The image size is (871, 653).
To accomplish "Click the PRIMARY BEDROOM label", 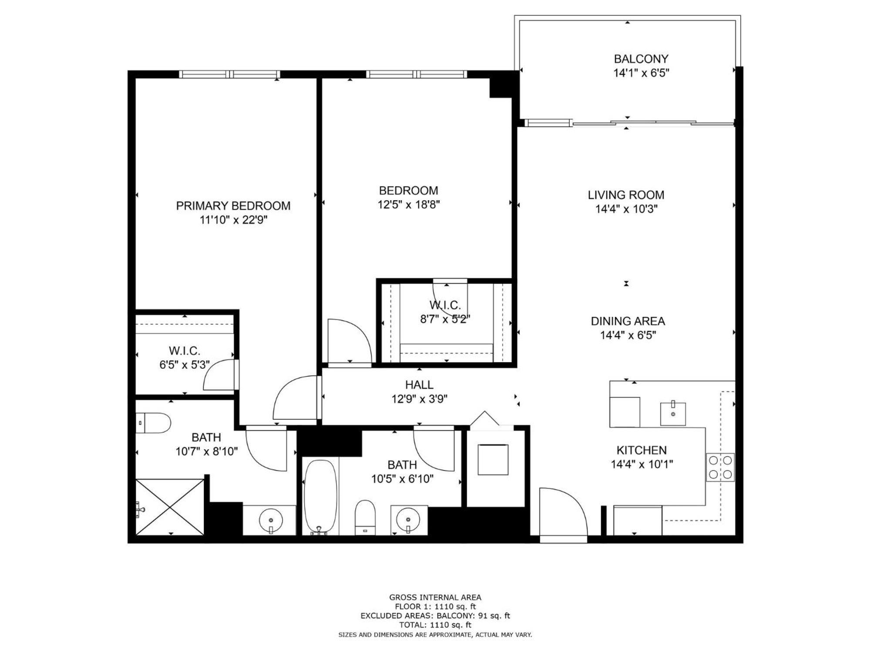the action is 233,206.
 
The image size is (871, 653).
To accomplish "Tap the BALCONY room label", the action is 641,59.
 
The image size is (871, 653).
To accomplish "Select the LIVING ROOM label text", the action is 626,195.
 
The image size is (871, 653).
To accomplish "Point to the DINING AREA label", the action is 628,321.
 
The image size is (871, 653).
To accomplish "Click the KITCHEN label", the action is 641,450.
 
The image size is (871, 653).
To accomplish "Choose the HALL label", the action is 419,385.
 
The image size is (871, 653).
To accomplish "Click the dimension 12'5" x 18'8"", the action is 408,205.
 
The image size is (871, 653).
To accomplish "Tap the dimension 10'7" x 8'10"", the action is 206,451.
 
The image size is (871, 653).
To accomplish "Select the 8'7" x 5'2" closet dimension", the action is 445,319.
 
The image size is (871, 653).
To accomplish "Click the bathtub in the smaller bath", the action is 321,497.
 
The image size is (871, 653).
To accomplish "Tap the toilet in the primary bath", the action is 153,423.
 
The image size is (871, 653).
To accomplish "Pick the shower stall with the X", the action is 170,507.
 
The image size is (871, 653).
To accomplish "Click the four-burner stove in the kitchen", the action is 720,467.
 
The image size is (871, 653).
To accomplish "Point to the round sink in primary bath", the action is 271,520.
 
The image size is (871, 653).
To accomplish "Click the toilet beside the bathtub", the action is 365,517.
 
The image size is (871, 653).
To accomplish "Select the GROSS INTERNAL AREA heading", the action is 435,597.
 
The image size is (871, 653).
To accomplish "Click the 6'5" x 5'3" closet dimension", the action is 185,365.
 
